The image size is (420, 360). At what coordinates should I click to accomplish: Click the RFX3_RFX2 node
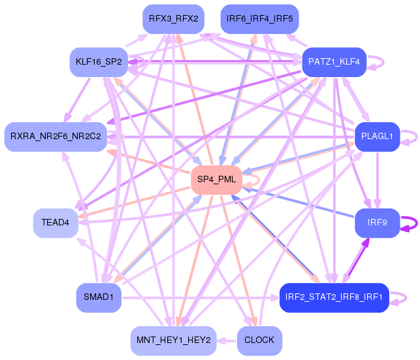point(173,19)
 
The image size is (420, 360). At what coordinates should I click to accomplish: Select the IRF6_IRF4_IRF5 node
point(259,19)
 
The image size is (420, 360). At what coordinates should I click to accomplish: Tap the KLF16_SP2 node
point(99,62)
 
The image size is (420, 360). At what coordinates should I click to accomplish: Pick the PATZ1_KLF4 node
point(334,62)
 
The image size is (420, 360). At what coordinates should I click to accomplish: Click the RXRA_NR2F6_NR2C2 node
point(56,137)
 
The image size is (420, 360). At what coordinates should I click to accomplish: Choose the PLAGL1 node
point(377,137)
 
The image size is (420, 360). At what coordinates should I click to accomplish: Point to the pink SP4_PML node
point(216,180)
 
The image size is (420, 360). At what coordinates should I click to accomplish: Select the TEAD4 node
point(56,223)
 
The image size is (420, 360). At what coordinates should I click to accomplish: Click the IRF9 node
point(377,223)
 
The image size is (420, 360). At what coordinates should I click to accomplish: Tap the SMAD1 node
point(99,297)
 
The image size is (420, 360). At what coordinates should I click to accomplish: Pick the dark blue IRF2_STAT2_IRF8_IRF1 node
point(334,297)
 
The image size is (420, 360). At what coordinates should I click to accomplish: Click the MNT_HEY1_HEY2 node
point(173,340)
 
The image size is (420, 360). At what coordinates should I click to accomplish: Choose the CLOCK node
point(259,340)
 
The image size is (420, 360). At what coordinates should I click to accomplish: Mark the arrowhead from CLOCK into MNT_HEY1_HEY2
point(220,341)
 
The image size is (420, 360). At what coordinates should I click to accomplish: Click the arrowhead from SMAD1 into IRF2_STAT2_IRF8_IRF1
point(276,297)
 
